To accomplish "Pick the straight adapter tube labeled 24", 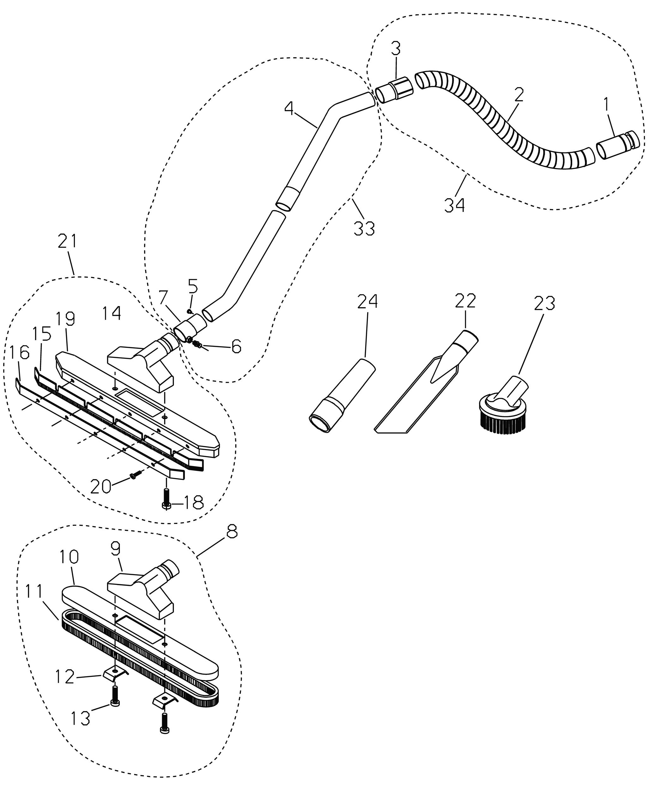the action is click(x=342, y=396).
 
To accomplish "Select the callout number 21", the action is click(x=67, y=241).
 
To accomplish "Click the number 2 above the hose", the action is click(x=519, y=95).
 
